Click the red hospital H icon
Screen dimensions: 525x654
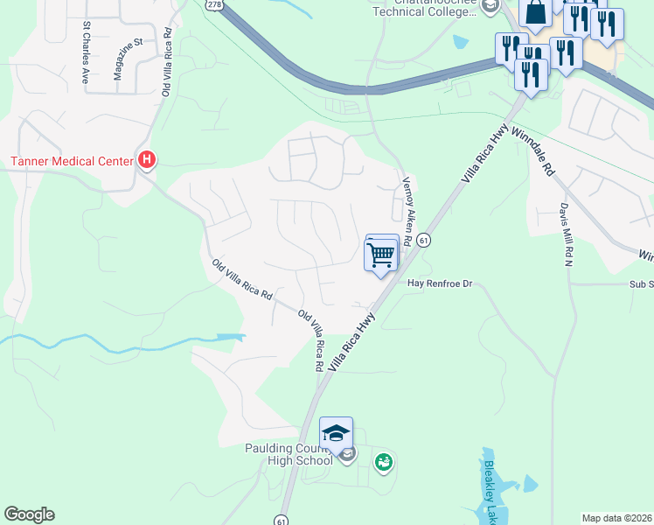point(147,160)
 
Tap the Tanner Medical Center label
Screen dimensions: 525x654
point(69,161)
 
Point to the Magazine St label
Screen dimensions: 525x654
point(127,59)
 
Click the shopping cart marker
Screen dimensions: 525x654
point(381,255)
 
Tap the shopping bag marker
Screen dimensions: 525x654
point(535,12)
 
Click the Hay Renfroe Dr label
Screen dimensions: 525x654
point(441,283)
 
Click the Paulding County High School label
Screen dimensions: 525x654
point(289,454)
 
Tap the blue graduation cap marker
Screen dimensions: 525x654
point(336,433)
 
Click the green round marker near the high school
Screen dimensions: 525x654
point(383,461)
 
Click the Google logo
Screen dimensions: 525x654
point(29,514)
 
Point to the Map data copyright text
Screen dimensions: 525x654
point(617,518)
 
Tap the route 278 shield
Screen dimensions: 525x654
point(213,4)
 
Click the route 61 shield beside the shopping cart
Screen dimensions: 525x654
point(423,240)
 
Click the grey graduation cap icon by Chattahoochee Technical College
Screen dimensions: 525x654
point(491,7)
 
